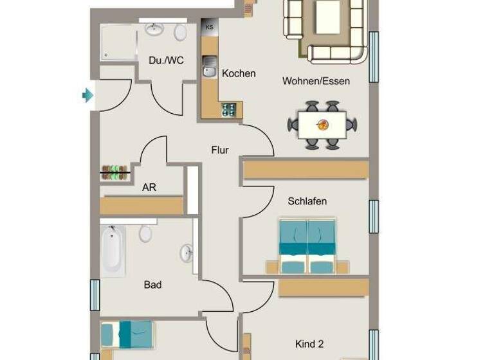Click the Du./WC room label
tap(166, 60)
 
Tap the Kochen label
tap(239, 73)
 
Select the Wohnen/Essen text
tap(316, 81)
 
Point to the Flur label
tap(220, 150)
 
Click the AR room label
tap(149, 188)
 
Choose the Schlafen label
tap(307, 201)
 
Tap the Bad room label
tap(152, 284)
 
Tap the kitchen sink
tap(210, 66)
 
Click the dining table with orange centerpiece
tap(322, 124)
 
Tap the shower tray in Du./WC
tap(118, 43)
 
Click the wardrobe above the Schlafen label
tap(306, 169)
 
